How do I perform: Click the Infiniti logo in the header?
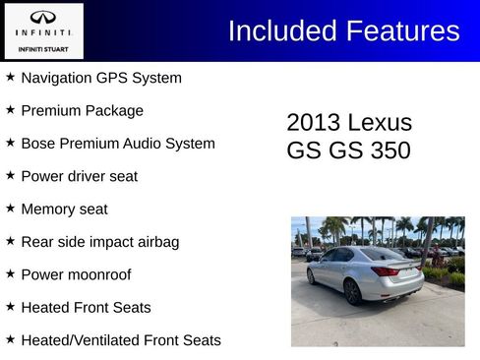pyautogui.click(x=43, y=19)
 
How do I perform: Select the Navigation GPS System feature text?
pyautogui.click(x=100, y=78)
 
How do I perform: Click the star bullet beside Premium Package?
pyautogui.click(x=10, y=110)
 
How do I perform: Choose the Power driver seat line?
pyautogui.click(x=79, y=176)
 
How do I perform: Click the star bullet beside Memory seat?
pyautogui.click(x=10, y=209)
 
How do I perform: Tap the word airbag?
pyautogui.click(x=156, y=242)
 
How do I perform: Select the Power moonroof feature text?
pyautogui.click(x=76, y=274)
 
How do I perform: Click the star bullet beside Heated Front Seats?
pyautogui.click(x=10, y=307)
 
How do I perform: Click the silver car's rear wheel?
pyautogui.click(x=352, y=291)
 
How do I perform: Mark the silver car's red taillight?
pyautogui.click(x=385, y=270)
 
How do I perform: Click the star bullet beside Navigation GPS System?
pyautogui.click(x=10, y=77)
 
